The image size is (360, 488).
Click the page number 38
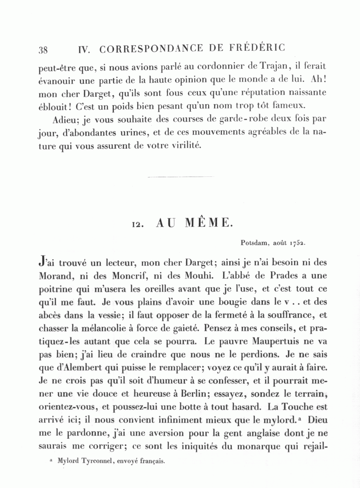(43, 50)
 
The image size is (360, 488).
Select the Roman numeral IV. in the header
(85, 50)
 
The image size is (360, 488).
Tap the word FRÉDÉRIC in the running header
(258, 48)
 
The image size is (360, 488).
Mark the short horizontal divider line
(180, 177)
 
